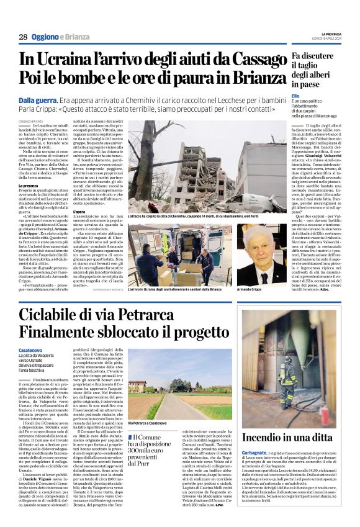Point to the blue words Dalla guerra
pos(38,100)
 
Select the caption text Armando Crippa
pos(251,289)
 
